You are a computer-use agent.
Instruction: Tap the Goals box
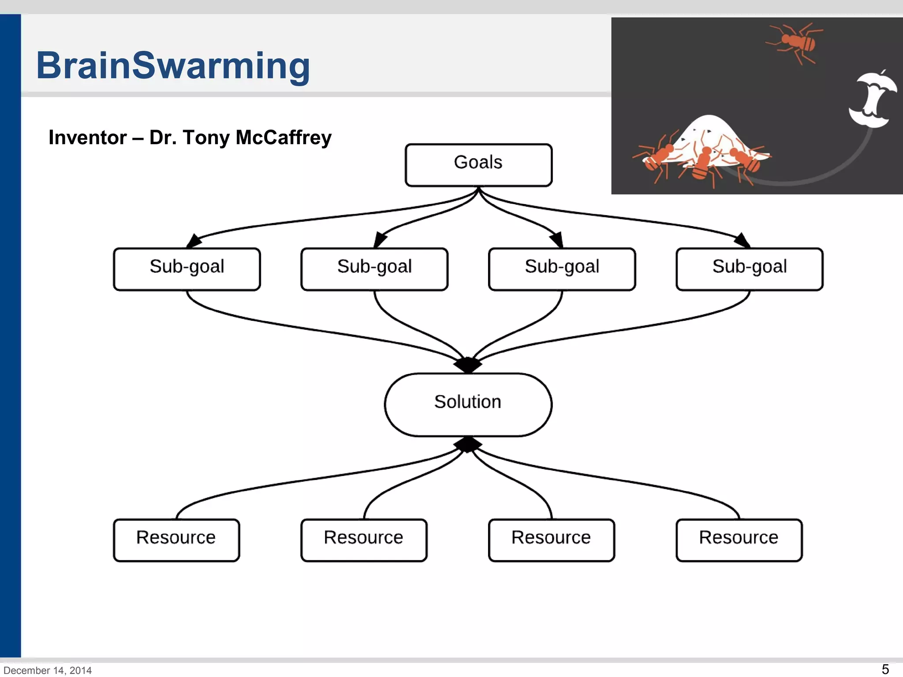(x=478, y=165)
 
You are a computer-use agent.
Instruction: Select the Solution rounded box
(x=468, y=405)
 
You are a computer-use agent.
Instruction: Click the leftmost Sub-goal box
(x=187, y=269)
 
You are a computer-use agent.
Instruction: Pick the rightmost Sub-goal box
(x=750, y=269)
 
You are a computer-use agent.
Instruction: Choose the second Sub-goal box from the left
(x=374, y=269)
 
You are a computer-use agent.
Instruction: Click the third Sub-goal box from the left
(x=562, y=269)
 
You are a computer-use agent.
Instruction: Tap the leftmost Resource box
(x=176, y=540)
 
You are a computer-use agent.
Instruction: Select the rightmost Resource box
(x=739, y=540)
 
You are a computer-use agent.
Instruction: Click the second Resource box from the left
(x=364, y=540)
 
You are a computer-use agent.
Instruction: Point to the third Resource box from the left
(x=551, y=540)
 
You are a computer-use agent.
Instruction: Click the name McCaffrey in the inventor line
(x=284, y=138)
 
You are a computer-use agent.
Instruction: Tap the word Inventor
(x=87, y=138)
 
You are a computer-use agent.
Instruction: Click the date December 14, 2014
(x=48, y=670)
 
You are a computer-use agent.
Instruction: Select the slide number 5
(x=885, y=669)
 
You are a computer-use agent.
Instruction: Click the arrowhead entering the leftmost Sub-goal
(x=194, y=242)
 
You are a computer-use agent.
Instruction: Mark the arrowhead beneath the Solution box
(x=468, y=444)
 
